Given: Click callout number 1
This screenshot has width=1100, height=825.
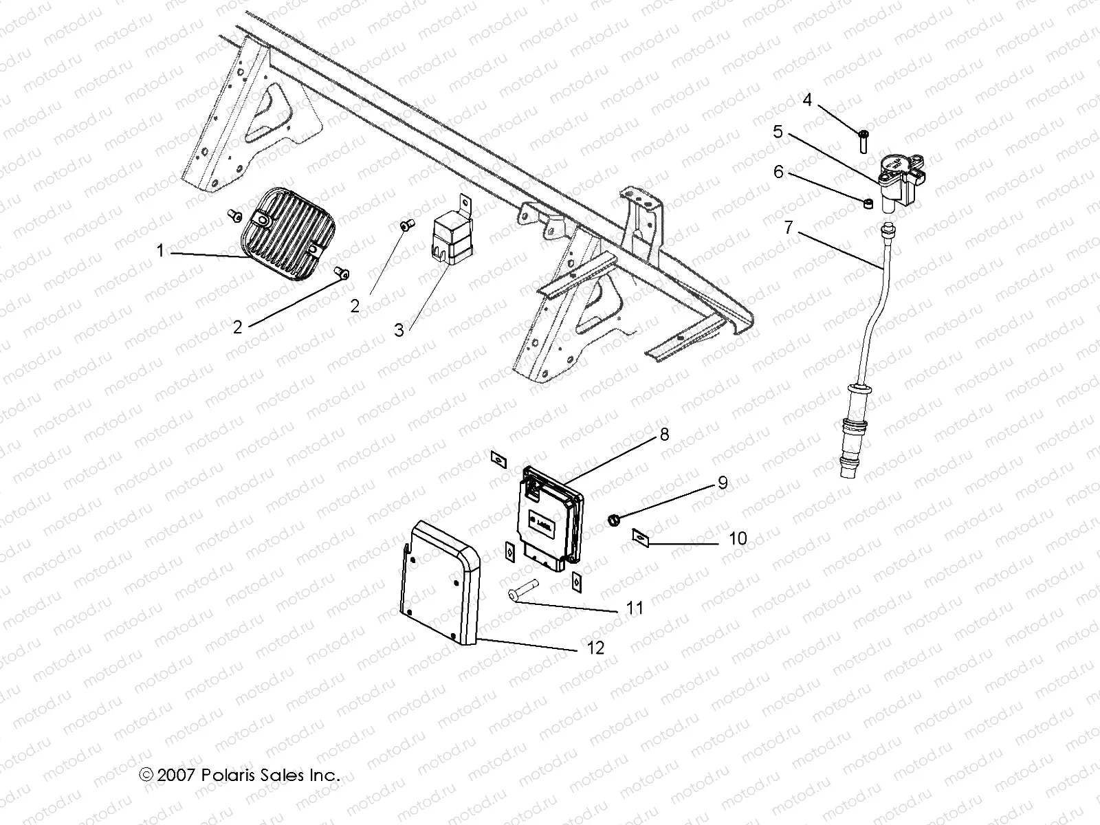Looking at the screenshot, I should (160, 251).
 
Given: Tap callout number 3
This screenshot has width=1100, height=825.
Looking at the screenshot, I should (399, 330).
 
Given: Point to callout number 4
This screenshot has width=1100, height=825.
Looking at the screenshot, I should (807, 100).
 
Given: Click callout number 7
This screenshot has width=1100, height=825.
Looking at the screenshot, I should (789, 228).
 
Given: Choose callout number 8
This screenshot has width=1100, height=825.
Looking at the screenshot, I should (663, 434).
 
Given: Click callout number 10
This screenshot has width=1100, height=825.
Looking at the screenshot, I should (737, 538).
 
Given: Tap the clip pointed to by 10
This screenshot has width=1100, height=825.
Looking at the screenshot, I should (640, 536).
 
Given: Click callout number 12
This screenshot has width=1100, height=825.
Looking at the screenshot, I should (595, 648).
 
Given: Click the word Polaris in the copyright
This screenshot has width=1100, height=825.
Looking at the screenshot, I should (225, 775).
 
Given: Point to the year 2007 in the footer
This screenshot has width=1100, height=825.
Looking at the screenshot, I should (177, 775).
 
